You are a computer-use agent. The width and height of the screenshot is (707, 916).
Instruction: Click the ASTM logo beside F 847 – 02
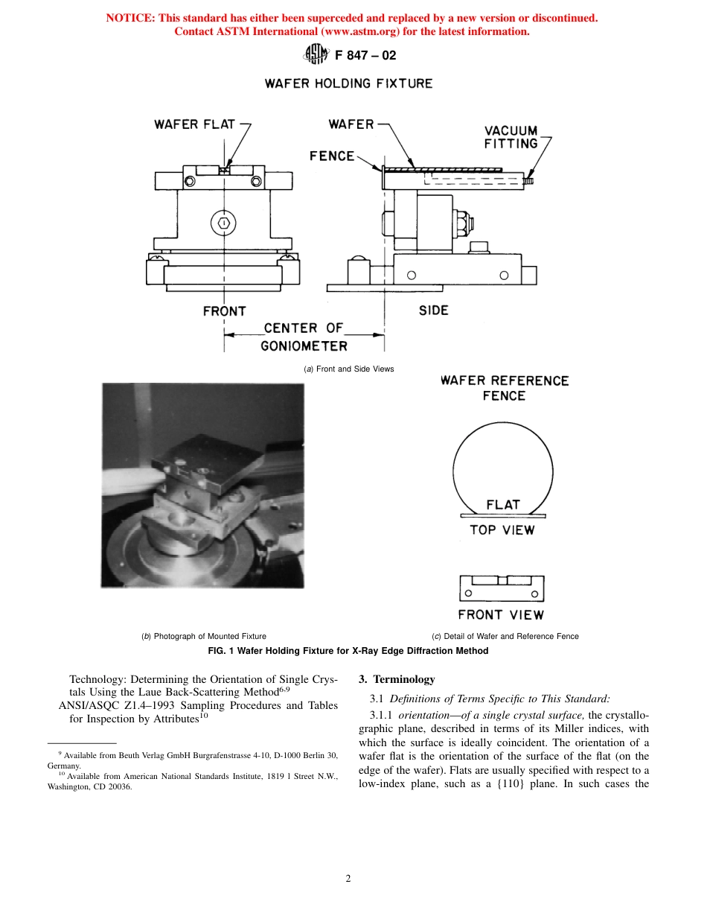pyautogui.click(x=316, y=54)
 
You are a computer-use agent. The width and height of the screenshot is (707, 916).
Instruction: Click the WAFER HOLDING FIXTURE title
pyautogui.click(x=348, y=83)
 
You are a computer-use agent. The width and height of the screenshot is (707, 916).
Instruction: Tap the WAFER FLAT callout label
pyautogui.click(x=194, y=124)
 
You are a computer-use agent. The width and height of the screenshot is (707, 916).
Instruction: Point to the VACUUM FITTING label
pyautogui.click(x=511, y=137)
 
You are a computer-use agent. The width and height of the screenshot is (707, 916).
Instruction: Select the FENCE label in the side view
pyautogui.click(x=332, y=156)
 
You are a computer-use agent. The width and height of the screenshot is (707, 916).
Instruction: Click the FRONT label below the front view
pyautogui.click(x=224, y=311)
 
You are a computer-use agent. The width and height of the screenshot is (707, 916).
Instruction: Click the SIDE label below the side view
pyautogui.click(x=433, y=310)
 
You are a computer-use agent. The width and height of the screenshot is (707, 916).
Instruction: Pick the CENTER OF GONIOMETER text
pyautogui.click(x=304, y=337)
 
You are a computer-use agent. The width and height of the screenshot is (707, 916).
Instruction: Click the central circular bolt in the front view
pyautogui.click(x=224, y=222)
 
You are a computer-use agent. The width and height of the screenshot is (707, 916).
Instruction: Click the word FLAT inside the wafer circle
pyautogui.click(x=503, y=504)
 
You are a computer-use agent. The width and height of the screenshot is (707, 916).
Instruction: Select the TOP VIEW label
pyautogui.click(x=502, y=530)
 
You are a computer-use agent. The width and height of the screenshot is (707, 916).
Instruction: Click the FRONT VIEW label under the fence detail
pyautogui.click(x=501, y=615)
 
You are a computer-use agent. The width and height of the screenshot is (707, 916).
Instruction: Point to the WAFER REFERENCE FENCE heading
pyautogui.click(x=504, y=388)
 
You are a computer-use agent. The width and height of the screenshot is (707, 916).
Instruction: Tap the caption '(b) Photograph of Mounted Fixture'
pyautogui.click(x=203, y=636)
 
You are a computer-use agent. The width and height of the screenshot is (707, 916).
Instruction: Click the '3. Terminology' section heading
pyautogui.click(x=396, y=679)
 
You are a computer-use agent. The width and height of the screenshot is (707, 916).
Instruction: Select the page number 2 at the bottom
pyautogui.click(x=348, y=878)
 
